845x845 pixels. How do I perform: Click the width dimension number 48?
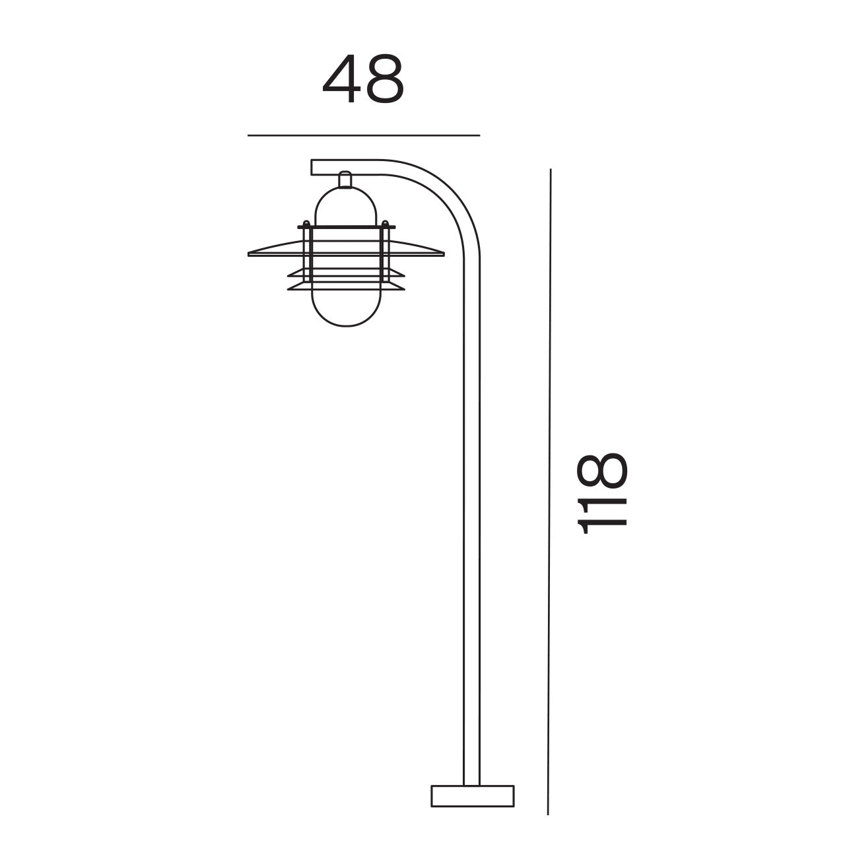[362, 80]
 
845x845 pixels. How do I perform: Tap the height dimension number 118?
[601, 492]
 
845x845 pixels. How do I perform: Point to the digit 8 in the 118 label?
[601, 470]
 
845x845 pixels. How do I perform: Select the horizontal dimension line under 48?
[363, 135]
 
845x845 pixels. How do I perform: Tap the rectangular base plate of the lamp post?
[472, 795]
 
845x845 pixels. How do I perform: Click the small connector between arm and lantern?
[345, 180]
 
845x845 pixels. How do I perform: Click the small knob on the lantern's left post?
[306, 222]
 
